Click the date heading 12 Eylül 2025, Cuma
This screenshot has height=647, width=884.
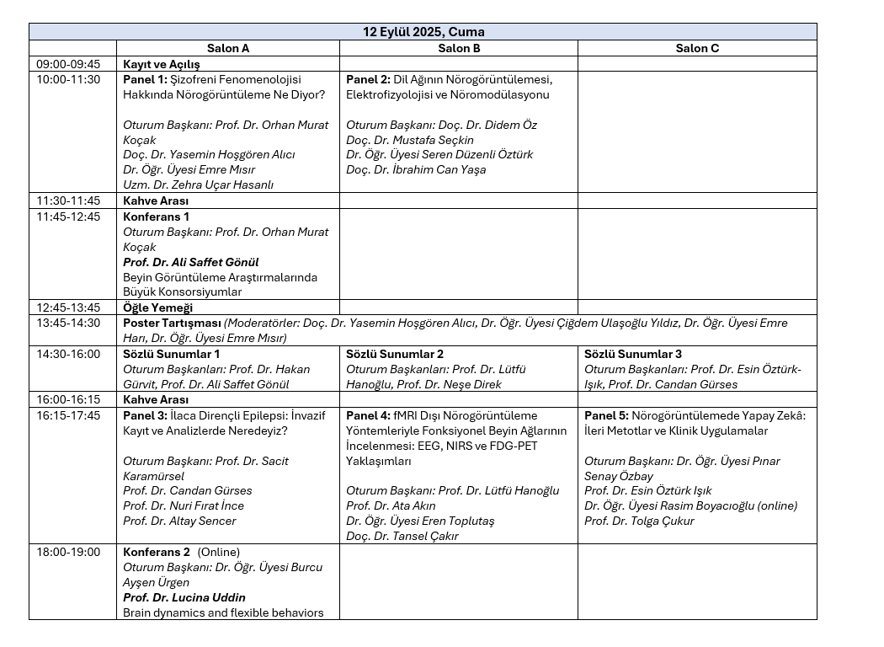(423, 32)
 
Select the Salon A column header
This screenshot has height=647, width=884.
(227, 48)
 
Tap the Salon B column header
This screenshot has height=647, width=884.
(459, 48)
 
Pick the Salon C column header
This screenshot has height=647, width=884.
(697, 48)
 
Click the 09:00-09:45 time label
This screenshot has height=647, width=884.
(68, 64)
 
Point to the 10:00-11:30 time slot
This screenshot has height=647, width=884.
(68, 79)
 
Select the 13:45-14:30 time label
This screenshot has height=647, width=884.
(68, 323)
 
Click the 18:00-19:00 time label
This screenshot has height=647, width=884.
(68, 552)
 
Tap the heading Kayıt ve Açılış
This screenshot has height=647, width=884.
(162, 64)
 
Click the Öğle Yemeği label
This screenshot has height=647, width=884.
(158, 307)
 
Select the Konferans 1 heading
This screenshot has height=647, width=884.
(156, 217)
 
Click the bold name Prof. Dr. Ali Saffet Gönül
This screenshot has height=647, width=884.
(191, 262)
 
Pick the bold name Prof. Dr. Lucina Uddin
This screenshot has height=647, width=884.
(184, 597)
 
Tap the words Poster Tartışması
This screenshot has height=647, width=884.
(172, 323)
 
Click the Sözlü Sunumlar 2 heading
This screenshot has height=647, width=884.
(395, 354)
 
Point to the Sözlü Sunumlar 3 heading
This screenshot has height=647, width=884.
(633, 354)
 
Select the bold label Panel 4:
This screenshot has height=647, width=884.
(369, 415)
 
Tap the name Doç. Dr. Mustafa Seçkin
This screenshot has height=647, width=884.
(410, 140)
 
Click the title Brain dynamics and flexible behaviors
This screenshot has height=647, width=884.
(223, 612)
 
